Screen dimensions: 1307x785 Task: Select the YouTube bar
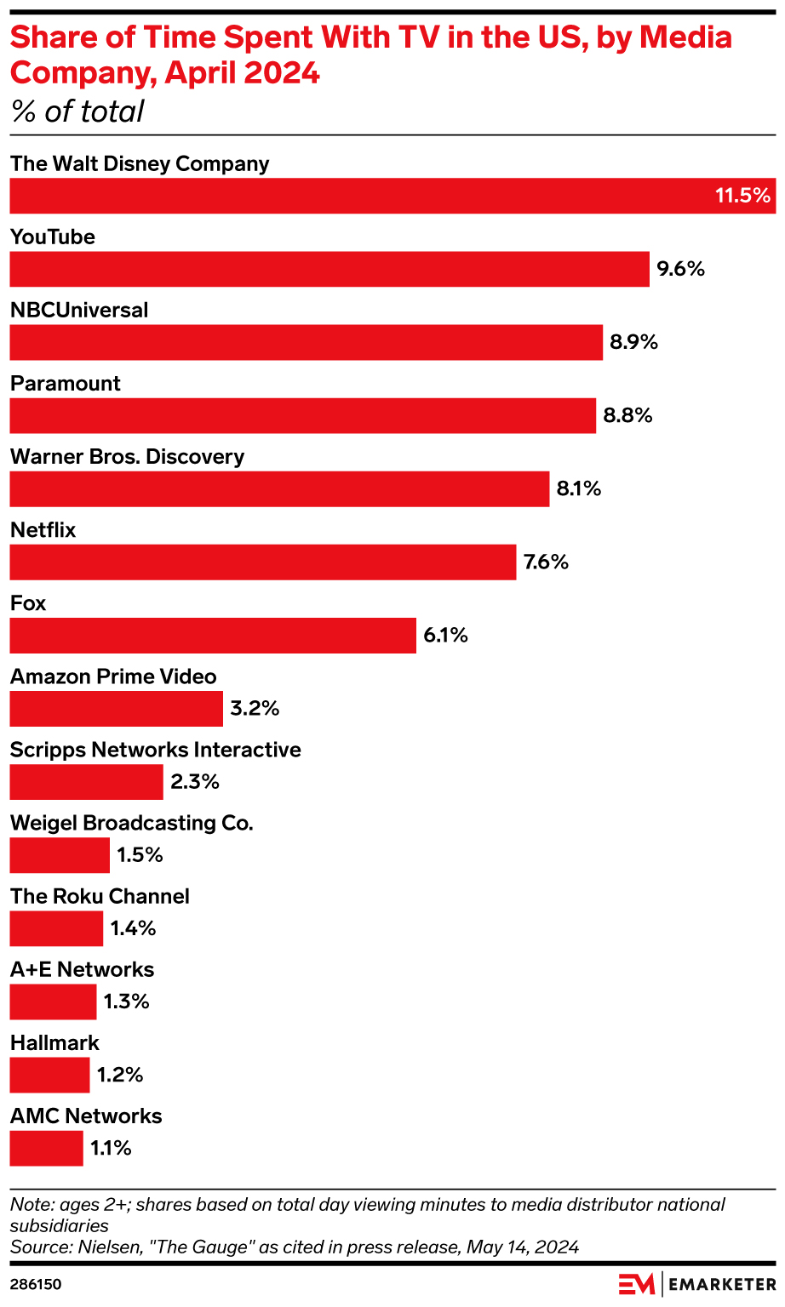329,269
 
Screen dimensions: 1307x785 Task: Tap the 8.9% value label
633,342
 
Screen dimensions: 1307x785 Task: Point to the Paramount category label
66,384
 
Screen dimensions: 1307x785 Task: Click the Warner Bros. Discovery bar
279,488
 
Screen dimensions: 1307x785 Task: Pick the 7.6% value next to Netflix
546,562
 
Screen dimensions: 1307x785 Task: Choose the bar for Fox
213,635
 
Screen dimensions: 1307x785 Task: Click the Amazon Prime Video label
113,676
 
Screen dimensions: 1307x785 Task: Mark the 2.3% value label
195,781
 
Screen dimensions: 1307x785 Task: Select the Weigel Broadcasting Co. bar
60,854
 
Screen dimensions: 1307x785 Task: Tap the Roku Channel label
100,896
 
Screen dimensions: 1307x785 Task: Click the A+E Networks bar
53,1002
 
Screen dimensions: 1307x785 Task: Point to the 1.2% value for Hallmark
120,1075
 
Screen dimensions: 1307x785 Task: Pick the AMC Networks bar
47,1148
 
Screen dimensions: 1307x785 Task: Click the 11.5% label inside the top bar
742,196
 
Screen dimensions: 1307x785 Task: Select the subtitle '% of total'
77,111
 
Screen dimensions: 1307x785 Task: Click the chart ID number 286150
36,1284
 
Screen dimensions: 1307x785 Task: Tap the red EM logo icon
636,1284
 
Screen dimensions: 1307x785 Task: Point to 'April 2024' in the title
243,73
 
